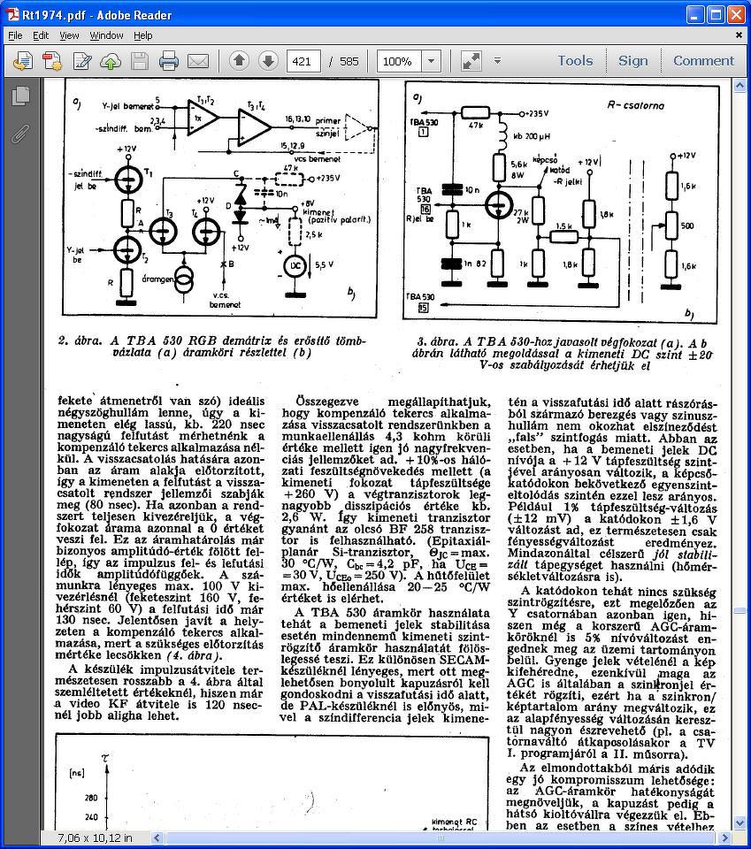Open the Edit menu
click(x=41, y=35)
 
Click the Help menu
click(x=143, y=35)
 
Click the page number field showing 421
click(x=303, y=61)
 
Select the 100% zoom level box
click(x=397, y=61)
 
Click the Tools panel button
click(x=575, y=61)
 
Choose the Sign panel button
click(x=632, y=61)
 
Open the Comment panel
click(x=703, y=61)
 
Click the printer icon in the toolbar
click(x=168, y=61)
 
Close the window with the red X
click(x=736, y=14)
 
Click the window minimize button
click(x=694, y=14)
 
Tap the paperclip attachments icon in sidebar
click(x=19, y=134)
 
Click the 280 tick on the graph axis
click(x=91, y=797)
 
